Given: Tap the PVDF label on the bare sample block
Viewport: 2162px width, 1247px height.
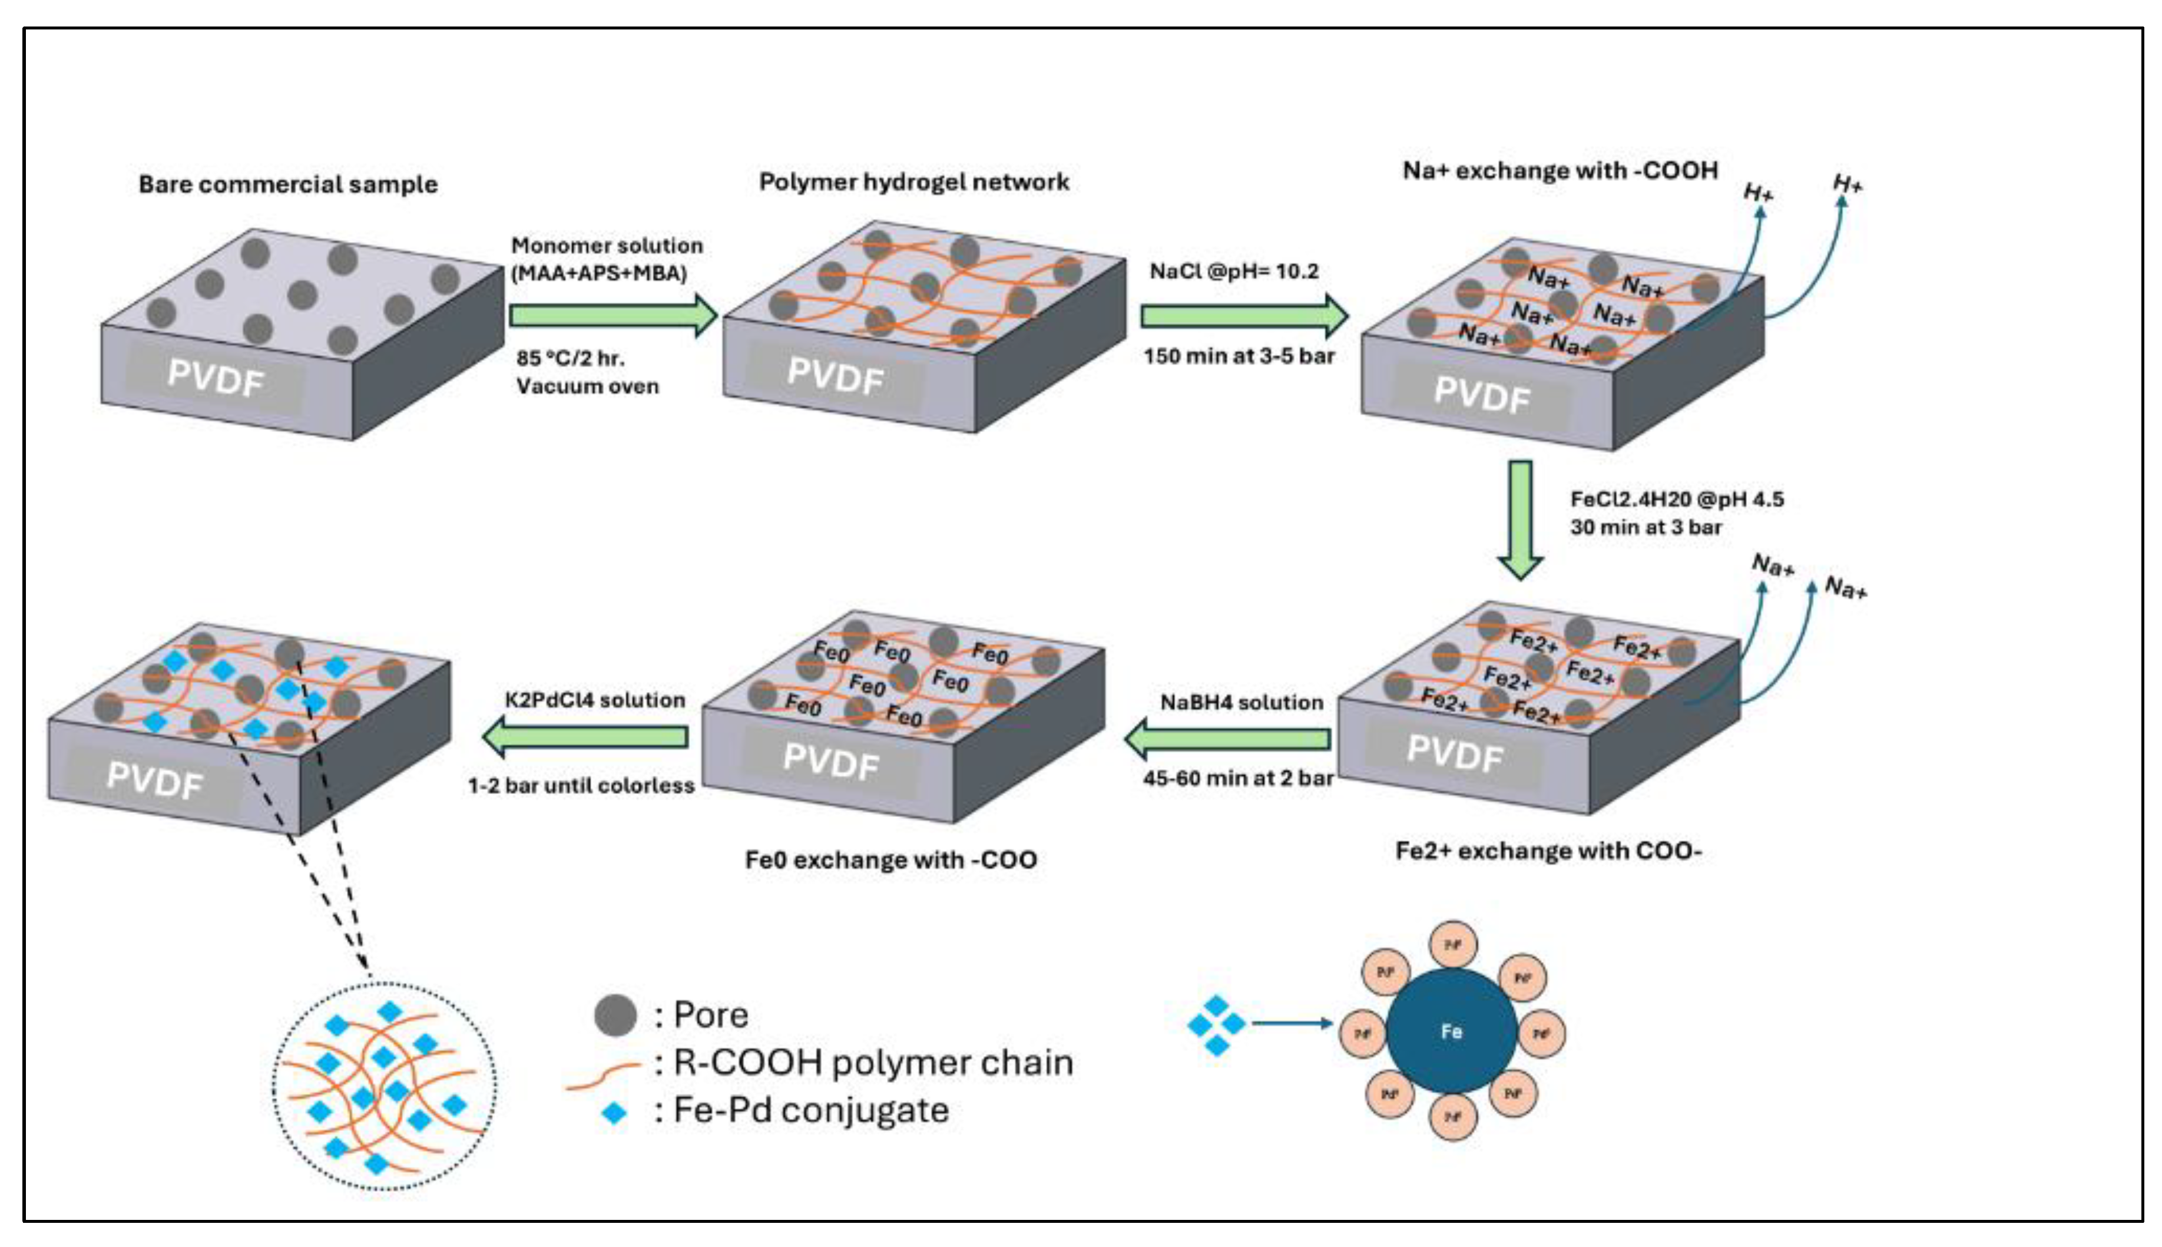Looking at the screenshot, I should (215, 378).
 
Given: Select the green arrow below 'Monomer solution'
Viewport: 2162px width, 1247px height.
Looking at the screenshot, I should (612, 315).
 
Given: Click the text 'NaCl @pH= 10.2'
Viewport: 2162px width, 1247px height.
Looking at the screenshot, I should (1234, 272).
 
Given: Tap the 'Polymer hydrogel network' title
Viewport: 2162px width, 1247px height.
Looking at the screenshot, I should (913, 181).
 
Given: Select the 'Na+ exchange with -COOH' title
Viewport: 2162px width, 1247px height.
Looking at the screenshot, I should (1560, 170).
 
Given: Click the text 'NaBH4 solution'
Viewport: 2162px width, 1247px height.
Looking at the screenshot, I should (1241, 702).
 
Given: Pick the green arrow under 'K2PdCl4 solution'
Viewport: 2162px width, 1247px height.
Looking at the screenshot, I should (587, 736).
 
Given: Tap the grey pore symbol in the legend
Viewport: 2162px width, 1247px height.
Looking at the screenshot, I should (615, 1016).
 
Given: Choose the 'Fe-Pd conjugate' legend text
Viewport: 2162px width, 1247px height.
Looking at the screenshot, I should (811, 1110).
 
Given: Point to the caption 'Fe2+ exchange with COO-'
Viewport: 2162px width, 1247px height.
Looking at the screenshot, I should (1548, 851).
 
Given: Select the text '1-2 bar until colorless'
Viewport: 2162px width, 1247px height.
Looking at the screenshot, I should (581, 785).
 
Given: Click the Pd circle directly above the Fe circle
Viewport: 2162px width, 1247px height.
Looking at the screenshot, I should (1452, 944).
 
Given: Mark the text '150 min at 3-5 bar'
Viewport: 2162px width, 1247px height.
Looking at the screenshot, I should (1239, 355).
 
